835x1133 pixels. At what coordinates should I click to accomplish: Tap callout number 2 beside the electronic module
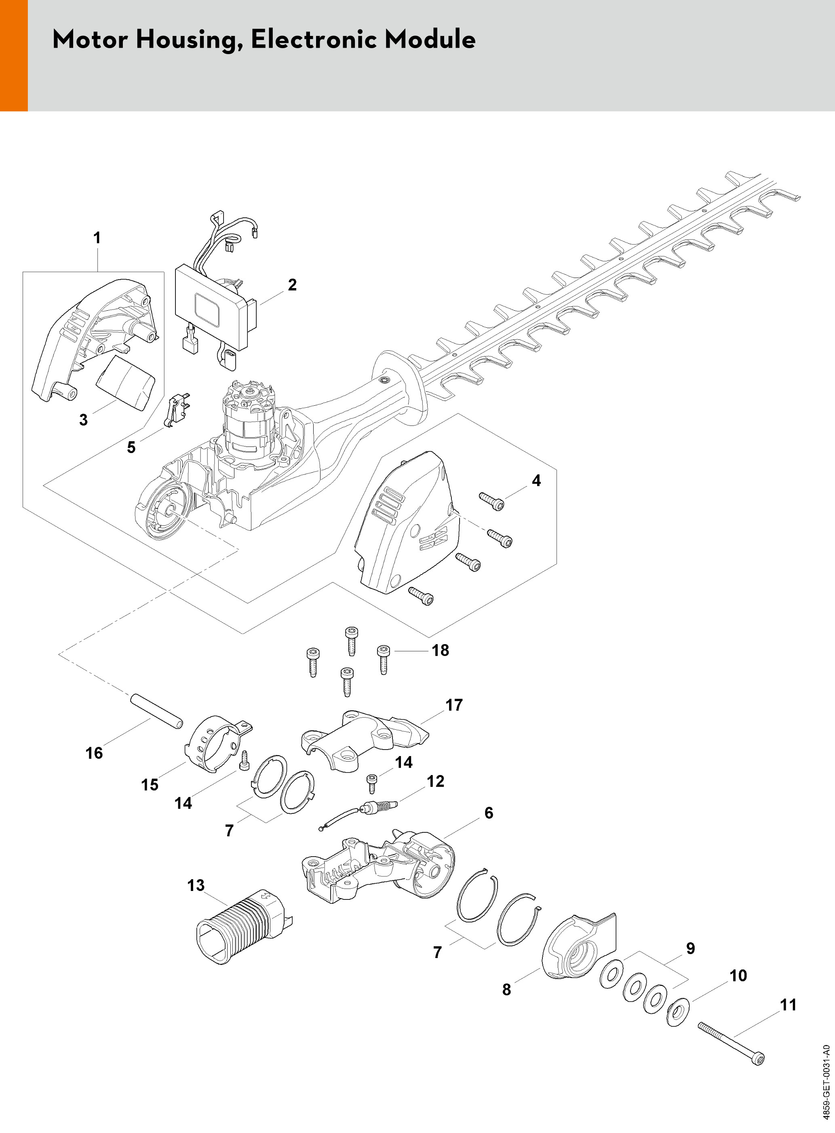[292, 285]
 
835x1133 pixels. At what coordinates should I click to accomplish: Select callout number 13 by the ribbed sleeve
[196, 885]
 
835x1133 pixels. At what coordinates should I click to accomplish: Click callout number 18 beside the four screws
[440, 651]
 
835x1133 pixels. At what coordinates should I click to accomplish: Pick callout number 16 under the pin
[94, 753]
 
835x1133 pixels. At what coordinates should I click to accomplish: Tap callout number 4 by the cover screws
[536, 480]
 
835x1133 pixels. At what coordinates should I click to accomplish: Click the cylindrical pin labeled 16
[157, 712]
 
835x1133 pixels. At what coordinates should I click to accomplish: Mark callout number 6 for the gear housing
[489, 813]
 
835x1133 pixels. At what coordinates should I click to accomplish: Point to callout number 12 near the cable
[435, 781]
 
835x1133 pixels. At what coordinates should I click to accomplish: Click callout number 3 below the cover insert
[83, 420]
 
